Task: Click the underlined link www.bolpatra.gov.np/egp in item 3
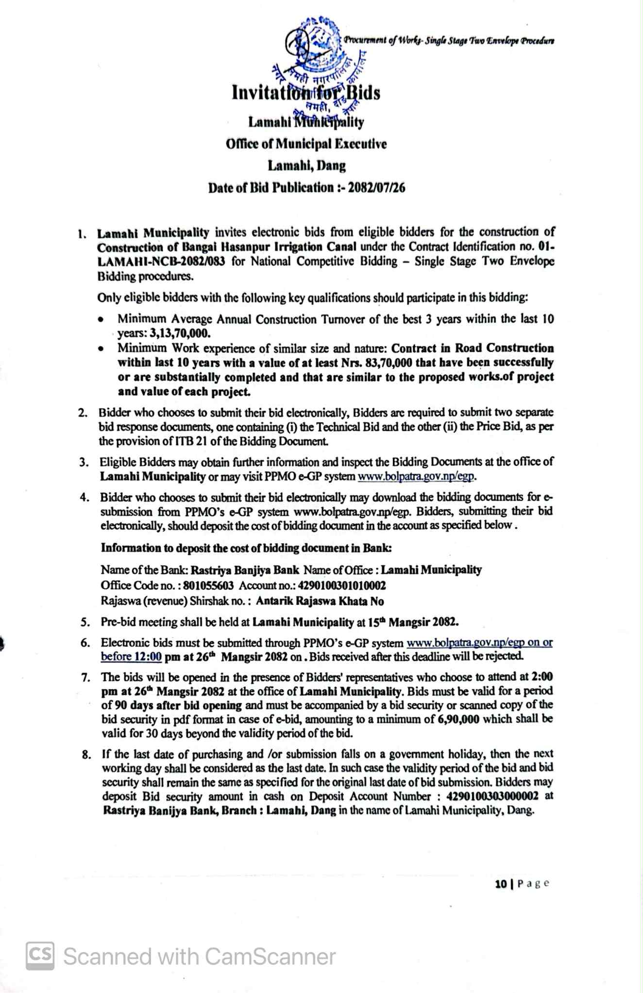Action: (416, 476)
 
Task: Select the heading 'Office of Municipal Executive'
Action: (306, 144)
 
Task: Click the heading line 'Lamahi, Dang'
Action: (306, 165)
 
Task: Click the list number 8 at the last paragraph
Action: (86, 755)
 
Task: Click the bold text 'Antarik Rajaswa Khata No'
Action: (320, 601)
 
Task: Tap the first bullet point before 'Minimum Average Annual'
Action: (100, 320)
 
